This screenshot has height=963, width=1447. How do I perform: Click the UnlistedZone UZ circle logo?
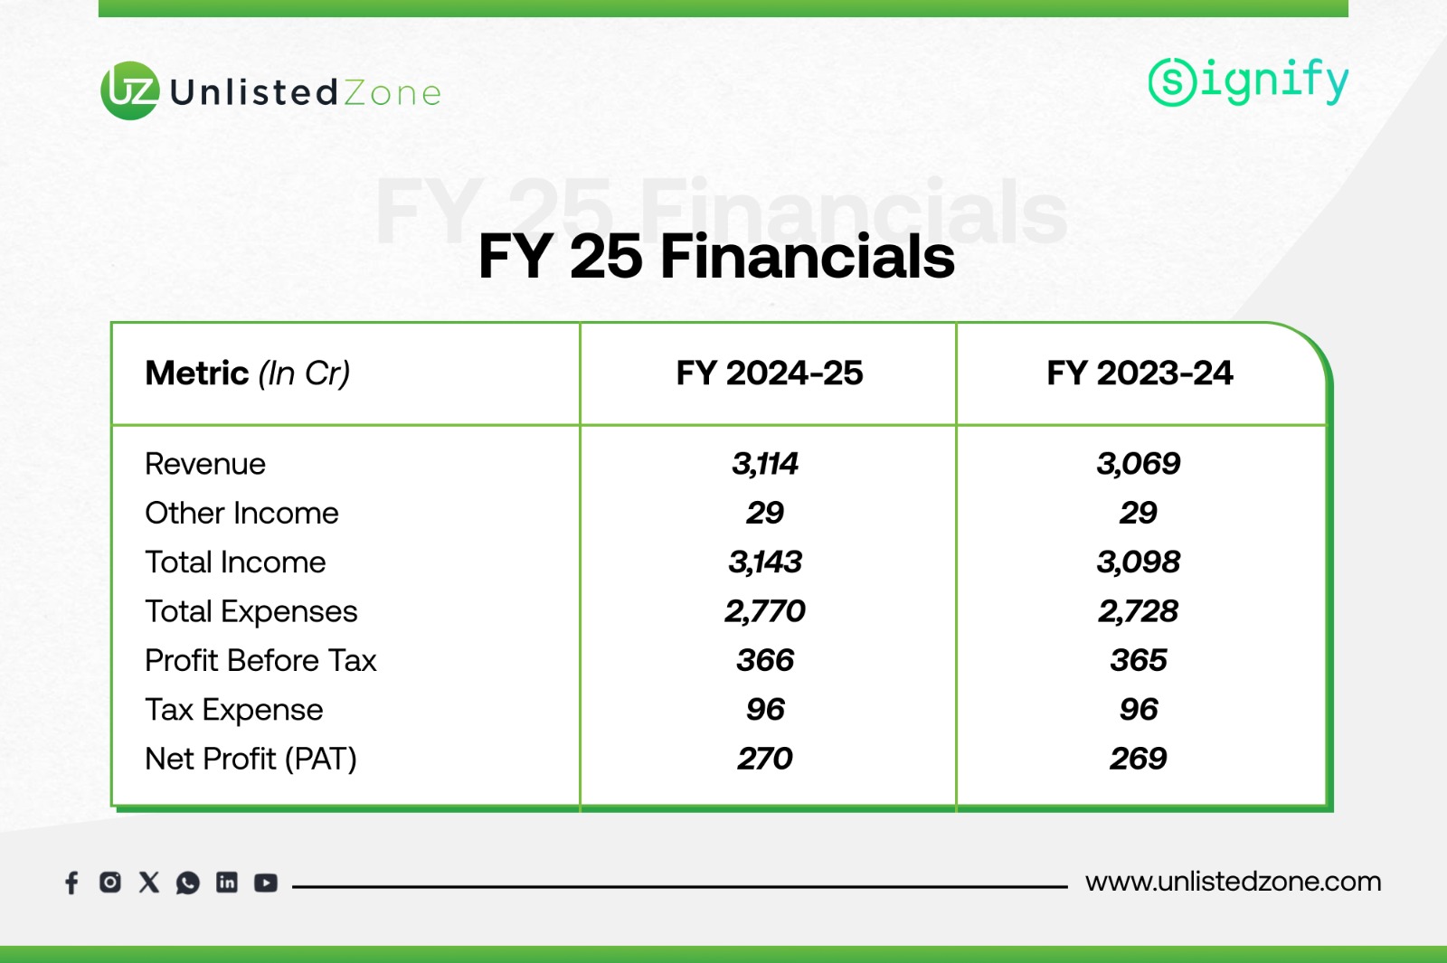(130, 90)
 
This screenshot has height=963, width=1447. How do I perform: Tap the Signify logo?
(1248, 82)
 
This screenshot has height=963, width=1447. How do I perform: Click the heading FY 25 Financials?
(715, 257)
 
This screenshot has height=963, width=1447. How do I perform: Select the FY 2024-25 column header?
(769, 373)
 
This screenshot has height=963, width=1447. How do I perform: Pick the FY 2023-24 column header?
(1140, 373)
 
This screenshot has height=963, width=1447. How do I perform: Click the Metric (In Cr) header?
(248, 373)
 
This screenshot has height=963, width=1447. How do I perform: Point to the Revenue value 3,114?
(765, 464)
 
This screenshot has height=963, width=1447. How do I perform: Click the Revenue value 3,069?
(1139, 464)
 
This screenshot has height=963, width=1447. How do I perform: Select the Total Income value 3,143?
(765, 562)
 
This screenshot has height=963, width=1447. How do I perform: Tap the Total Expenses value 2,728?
(1139, 611)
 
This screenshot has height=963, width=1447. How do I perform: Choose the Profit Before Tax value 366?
(765, 660)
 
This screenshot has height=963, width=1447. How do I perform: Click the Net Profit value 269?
(1139, 759)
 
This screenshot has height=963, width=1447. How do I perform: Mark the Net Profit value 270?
(765, 759)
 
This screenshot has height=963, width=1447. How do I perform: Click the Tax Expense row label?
(234, 710)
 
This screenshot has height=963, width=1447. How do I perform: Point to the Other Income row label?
(241, 513)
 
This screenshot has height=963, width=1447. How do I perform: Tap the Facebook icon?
(71, 883)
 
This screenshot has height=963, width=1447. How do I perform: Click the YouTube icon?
(266, 883)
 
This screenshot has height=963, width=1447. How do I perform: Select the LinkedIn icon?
(227, 883)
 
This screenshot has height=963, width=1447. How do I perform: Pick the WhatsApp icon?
(188, 883)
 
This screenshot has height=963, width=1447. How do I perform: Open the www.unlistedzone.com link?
(1234, 882)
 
